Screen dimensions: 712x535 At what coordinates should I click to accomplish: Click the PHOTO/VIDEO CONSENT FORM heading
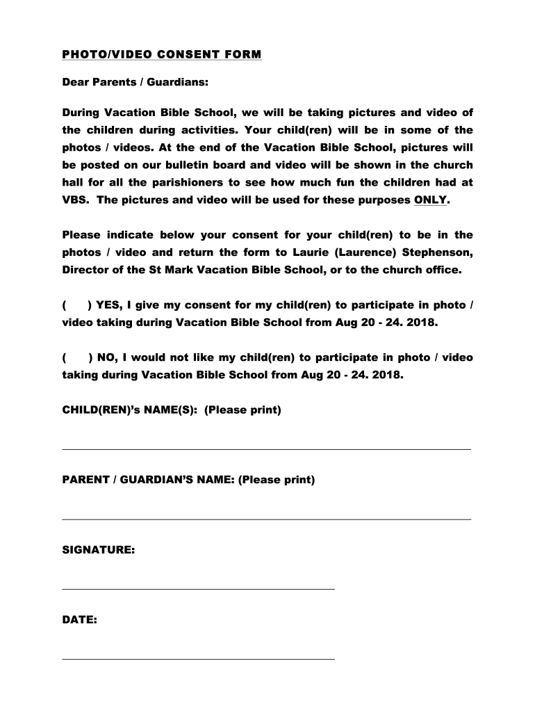click(x=162, y=54)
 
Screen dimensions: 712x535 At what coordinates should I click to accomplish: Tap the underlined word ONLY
click(x=431, y=200)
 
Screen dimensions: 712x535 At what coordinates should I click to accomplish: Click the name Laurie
click(x=303, y=252)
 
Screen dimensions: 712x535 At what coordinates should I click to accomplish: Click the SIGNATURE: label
click(x=99, y=550)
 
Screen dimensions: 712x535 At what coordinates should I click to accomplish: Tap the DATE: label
click(x=80, y=620)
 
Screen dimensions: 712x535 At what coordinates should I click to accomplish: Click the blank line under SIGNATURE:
click(x=199, y=589)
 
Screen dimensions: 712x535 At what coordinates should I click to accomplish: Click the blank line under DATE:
click(x=199, y=658)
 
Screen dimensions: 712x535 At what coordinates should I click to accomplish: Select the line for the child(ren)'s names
click(x=267, y=449)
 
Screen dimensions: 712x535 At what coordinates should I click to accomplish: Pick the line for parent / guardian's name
click(x=267, y=519)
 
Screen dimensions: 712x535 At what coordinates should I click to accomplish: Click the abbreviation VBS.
click(x=76, y=200)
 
